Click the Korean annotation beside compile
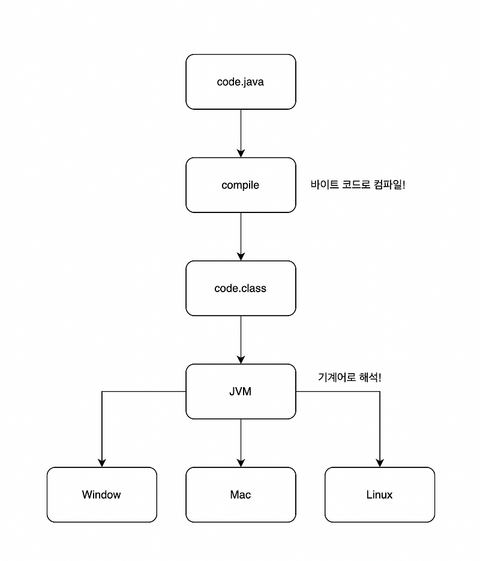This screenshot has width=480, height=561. pyautogui.click(x=358, y=185)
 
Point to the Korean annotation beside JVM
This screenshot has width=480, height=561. pyautogui.click(x=349, y=378)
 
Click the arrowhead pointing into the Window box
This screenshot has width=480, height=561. pyautogui.click(x=101, y=463)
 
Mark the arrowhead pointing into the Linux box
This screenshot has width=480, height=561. pyautogui.click(x=380, y=463)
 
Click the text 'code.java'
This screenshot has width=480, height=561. pyautogui.click(x=241, y=82)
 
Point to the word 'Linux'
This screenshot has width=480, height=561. pyautogui.click(x=379, y=495)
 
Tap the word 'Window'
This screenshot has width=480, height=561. pyautogui.click(x=101, y=495)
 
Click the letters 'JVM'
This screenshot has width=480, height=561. pyautogui.click(x=241, y=392)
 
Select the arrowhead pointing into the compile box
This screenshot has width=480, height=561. pyautogui.click(x=241, y=153)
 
